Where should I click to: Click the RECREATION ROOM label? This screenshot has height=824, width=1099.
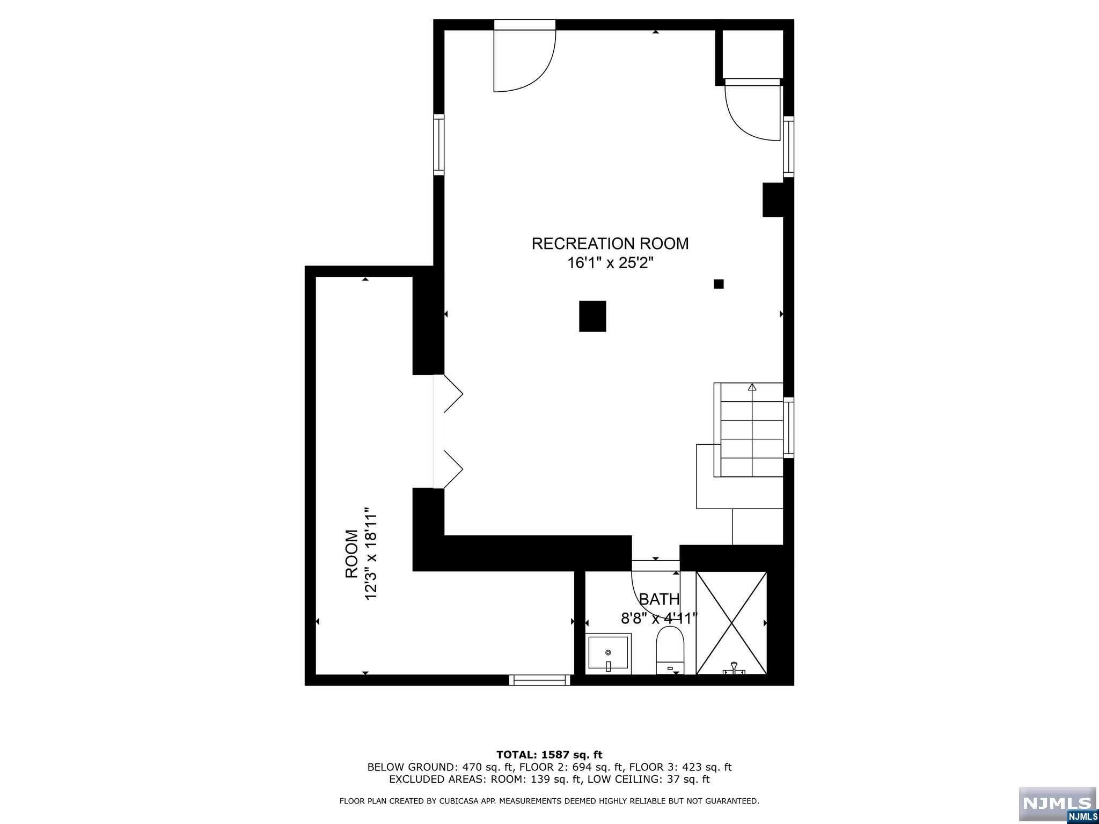coord(610,244)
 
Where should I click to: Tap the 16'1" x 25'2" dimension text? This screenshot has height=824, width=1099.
coord(610,263)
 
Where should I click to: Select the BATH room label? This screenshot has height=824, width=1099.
coord(659,599)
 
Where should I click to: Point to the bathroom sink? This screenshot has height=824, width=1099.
coord(608,653)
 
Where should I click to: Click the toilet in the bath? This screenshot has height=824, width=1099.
coord(670,649)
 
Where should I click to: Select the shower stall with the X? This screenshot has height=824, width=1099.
coord(731,622)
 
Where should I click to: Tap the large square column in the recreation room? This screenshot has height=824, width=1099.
coord(592,317)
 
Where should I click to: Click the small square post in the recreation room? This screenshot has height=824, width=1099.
coord(719,284)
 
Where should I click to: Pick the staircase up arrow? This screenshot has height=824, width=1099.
coord(752,387)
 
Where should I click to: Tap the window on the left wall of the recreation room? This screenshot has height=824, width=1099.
coord(439,144)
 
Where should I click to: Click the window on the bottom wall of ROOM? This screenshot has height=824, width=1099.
coord(540,680)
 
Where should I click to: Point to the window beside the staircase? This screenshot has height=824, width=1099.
coord(788,427)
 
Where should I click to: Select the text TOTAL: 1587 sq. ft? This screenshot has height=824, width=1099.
coord(549,755)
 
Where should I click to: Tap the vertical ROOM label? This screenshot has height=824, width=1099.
coord(351,554)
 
